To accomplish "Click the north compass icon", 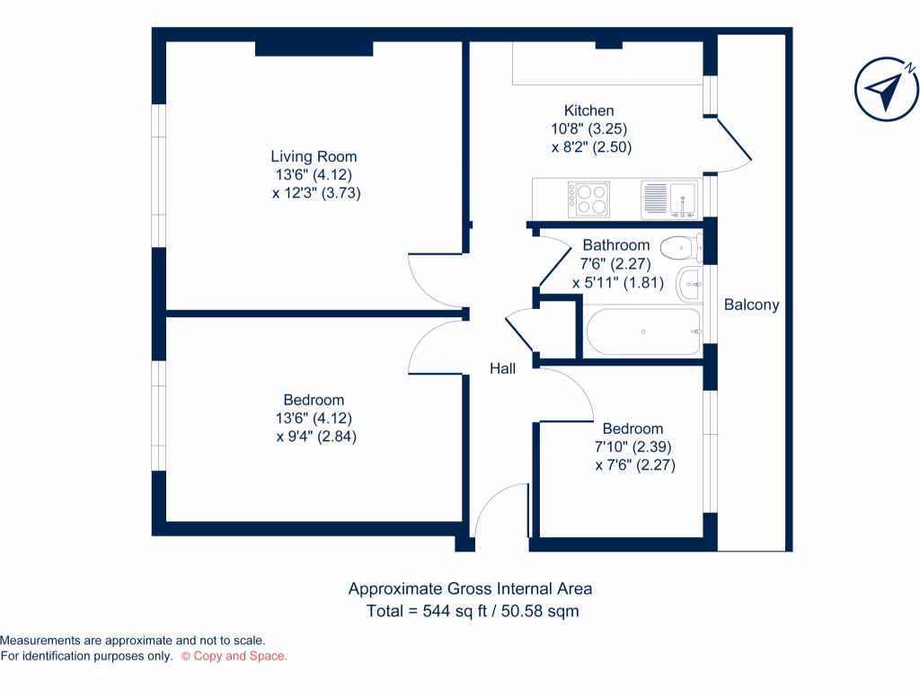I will tap(886, 88).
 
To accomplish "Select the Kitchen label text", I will tap(588, 111).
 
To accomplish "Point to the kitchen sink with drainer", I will tap(670, 199).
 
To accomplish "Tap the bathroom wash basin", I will tap(691, 286).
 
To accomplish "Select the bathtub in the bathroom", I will tap(644, 332).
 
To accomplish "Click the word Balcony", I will tap(752, 305).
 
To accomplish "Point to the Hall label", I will tap(502, 368).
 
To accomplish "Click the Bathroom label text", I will tap(615, 245).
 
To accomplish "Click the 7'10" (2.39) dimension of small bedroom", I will tap(632, 447).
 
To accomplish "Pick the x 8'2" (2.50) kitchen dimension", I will tap(591, 146).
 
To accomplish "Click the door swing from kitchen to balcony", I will tap(732, 146).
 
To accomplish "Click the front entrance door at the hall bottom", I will tap(499, 512).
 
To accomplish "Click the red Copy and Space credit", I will tap(234, 657).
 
